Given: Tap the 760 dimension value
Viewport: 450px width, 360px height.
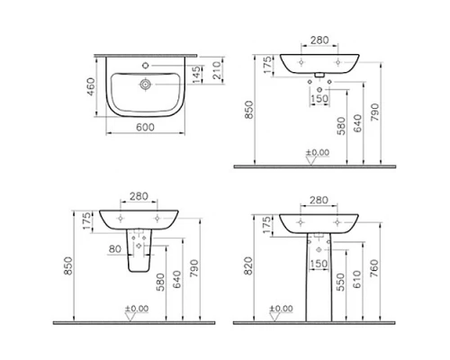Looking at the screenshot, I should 376,266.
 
